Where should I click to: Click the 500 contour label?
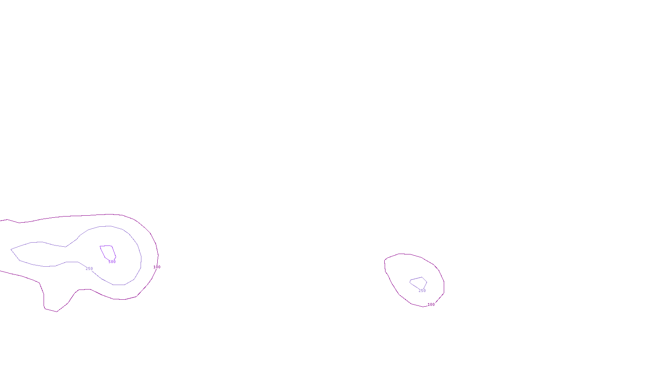(112, 262)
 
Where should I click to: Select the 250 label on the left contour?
(89, 269)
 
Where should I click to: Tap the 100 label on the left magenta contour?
(157, 267)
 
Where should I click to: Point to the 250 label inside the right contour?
(422, 291)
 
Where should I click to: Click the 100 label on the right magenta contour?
(431, 305)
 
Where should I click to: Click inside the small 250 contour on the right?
(419, 282)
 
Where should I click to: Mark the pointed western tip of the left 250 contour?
(11, 249)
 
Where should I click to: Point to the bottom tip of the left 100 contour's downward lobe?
(57, 312)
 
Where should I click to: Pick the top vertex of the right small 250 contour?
(422, 277)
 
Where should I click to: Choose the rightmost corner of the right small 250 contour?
(427, 281)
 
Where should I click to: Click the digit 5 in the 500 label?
(110, 262)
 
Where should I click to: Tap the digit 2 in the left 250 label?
(87, 269)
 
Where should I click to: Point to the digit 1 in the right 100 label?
(429, 305)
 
